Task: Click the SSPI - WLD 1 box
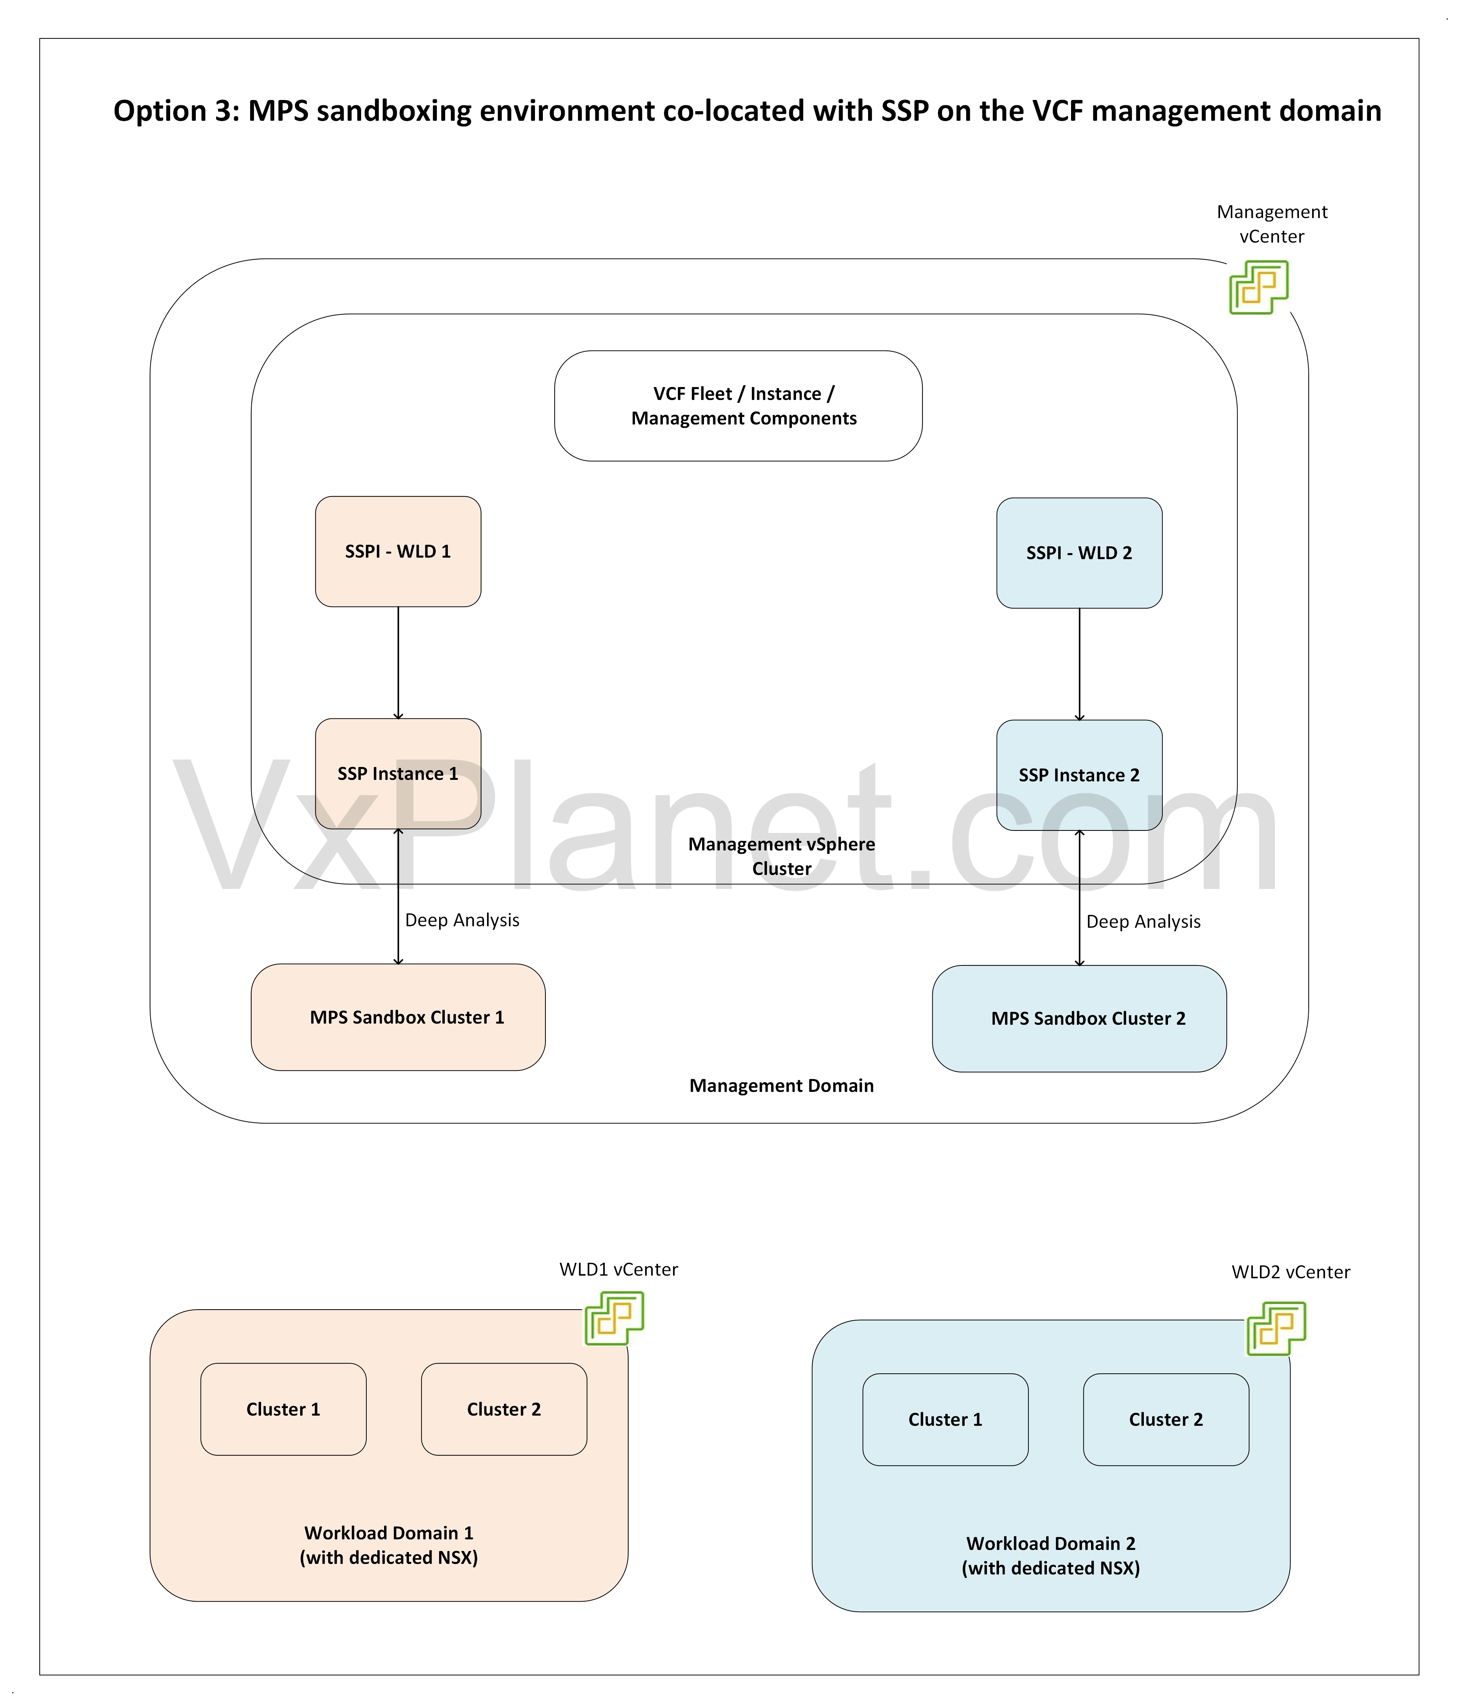coord(398,552)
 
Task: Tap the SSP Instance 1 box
coord(398,774)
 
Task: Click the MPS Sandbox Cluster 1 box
coord(398,1017)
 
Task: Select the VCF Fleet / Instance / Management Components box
coord(739,406)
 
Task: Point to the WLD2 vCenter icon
coord(1276,1329)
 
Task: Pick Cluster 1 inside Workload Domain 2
coord(945,1419)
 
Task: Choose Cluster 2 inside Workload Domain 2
coord(1166,1419)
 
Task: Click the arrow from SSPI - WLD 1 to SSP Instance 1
coord(398,664)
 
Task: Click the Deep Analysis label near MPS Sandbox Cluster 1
coord(463,920)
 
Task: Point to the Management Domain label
coord(782,1085)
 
